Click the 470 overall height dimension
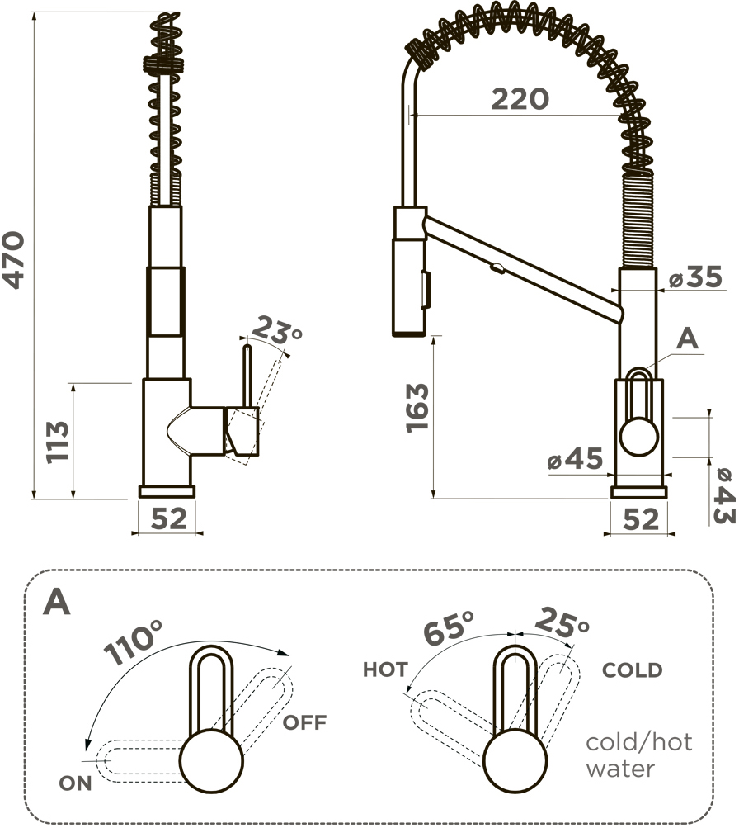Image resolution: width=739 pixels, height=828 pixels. click(x=13, y=260)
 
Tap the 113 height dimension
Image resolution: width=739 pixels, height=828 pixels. click(x=58, y=442)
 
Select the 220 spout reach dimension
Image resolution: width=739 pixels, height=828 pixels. click(x=520, y=99)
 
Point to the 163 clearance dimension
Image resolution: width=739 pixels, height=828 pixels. click(x=418, y=408)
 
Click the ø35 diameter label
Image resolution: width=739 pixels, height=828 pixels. click(x=695, y=277)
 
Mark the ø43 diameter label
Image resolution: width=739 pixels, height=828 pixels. click(x=723, y=496)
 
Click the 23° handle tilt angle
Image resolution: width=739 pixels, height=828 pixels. click(x=275, y=330)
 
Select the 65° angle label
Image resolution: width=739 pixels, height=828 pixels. click(x=449, y=628)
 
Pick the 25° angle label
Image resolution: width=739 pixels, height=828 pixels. click(x=562, y=622)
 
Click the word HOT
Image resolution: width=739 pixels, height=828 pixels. click(x=385, y=669)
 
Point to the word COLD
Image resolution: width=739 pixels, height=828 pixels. click(x=632, y=670)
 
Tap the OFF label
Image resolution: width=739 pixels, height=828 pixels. click(x=304, y=722)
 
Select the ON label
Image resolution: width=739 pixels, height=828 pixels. click(x=75, y=783)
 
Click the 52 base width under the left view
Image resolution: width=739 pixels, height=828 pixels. click(x=169, y=518)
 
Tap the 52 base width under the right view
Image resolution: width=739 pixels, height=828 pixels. click(x=641, y=519)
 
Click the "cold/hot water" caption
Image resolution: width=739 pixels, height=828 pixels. click(x=638, y=755)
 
